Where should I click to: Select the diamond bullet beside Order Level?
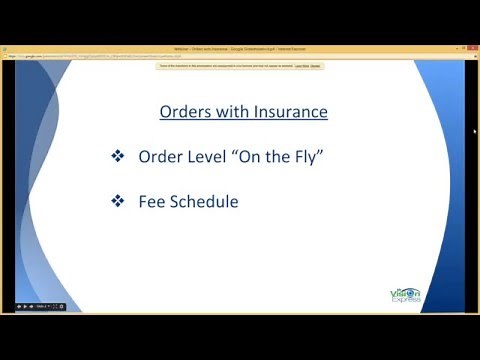pyautogui.click(x=117, y=157)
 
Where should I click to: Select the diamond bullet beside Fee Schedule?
pyautogui.click(x=117, y=202)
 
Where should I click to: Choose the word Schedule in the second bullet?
pyautogui.click(x=204, y=202)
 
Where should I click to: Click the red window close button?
pyautogui.click(x=467, y=48)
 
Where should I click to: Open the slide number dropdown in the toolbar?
pyautogui.click(x=44, y=306)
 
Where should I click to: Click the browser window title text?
pyautogui.click(x=240, y=48)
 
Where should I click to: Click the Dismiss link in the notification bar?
pyautogui.click(x=315, y=65)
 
